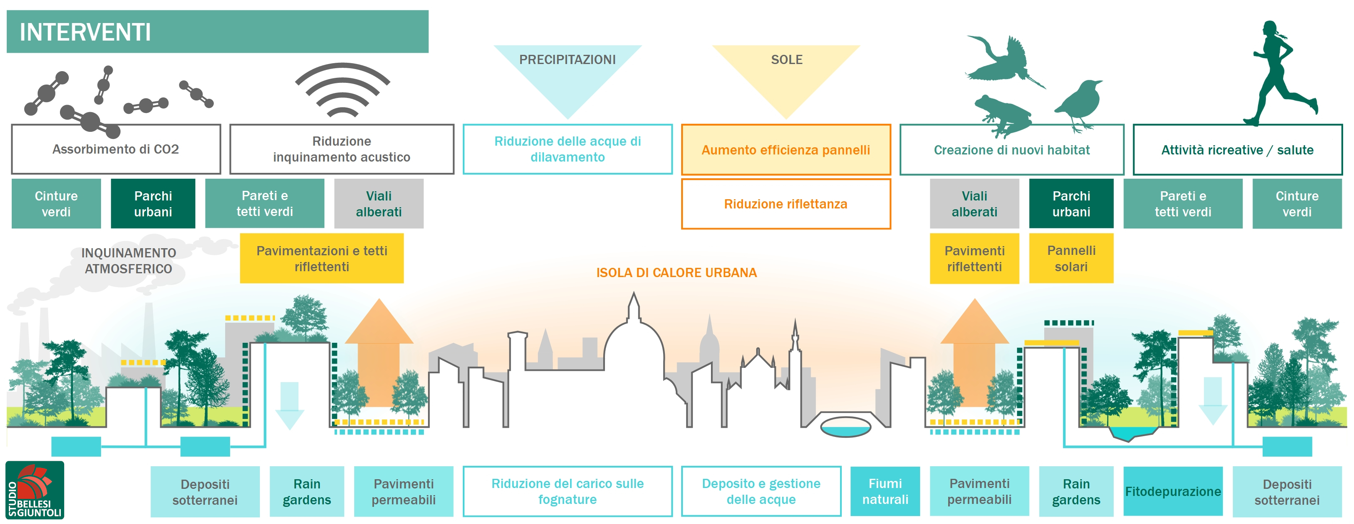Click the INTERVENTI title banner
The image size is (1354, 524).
tap(217, 31)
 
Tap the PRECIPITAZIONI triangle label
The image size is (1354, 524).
tap(567, 60)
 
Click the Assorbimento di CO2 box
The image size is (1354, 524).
tap(116, 149)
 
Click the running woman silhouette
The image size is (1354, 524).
tap(1277, 74)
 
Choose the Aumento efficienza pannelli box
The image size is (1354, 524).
tap(786, 150)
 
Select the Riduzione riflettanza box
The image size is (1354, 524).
tap(786, 204)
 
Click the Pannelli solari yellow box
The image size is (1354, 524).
tap(1071, 258)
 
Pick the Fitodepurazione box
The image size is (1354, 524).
tap(1172, 491)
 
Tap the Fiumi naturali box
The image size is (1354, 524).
tap(885, 491)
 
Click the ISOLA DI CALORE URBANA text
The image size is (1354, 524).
tap(677, 272)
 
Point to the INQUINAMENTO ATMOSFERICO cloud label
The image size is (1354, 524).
tap(129, 261)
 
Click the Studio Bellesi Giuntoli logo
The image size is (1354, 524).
tap(35, 490)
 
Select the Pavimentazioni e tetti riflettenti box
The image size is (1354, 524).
tap(322, 258)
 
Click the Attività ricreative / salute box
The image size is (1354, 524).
tap(1237, 150)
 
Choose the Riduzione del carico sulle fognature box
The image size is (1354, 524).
tap(567, 491)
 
